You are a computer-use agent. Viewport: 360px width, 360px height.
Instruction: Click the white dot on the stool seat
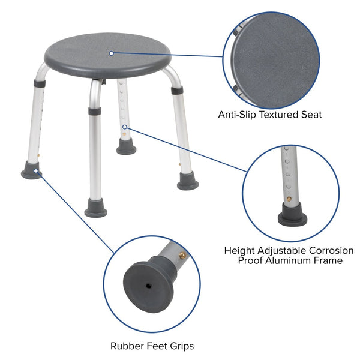click(112, 53)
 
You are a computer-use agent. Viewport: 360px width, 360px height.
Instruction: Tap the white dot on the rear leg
click(125, 127)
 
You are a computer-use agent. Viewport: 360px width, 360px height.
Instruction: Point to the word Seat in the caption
click(310, 114)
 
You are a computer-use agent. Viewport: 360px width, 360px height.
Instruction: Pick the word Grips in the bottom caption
click(181, 346)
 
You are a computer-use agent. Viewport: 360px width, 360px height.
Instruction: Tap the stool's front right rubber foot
click(188, 182)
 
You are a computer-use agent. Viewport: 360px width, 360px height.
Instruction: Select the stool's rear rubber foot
click(126, 148)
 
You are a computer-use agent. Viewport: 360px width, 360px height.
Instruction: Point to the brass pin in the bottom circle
click(182, 256)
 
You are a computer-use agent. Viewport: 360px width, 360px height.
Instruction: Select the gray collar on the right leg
click(176, 90)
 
